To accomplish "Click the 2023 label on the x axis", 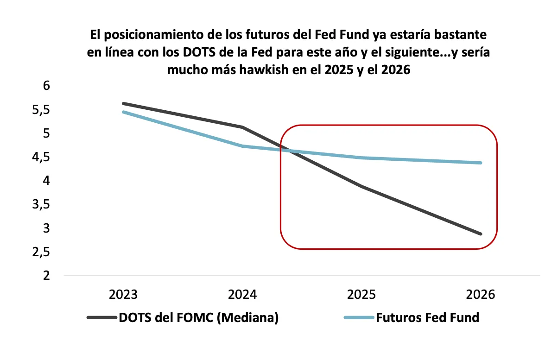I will click(x=123, y=295).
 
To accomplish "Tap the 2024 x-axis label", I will click(x=243, y=295).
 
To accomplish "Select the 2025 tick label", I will click(x=361, y=295).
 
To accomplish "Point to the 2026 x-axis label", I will click(x=481, y=295).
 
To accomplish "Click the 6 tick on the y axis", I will click(x=46, y=86).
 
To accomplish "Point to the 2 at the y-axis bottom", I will click(x=46, y=276).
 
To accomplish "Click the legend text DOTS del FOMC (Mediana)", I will click(x=198, y=318).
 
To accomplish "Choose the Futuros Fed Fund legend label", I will click(x=427, y=318).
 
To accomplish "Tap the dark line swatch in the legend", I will click(x=101, y=318).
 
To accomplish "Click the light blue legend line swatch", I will click(x=358, y=318).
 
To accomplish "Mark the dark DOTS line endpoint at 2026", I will click(x=481, y=234).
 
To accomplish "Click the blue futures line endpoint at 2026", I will click(x=481, y=163).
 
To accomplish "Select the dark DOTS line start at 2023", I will click(x=124, y=103).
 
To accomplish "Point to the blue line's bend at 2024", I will click(x=243, y=146).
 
